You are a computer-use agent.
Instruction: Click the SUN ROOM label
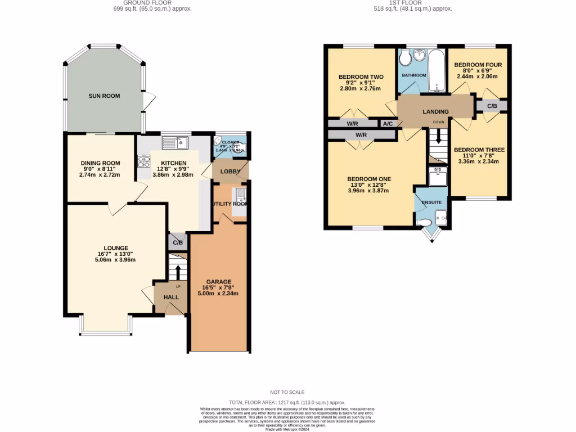[104, 96]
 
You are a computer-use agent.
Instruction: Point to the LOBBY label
[230, 172]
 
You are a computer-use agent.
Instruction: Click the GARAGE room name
[219, 282]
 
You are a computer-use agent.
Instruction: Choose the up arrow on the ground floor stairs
[178, 271]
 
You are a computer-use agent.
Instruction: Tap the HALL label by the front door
[171, 297]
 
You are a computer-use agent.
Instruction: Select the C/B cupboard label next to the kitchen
[178, 243]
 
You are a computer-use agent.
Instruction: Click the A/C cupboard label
[388, 124]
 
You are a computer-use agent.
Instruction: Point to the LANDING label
[436, 112]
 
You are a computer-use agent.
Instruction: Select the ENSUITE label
[432, 202]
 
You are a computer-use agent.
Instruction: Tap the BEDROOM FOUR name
[478, 65]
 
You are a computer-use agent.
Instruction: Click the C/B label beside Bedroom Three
[492, 106]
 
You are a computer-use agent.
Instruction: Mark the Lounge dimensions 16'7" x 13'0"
[116, 254]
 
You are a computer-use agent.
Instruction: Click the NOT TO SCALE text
[287, 392]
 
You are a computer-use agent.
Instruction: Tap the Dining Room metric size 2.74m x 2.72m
[100, 175]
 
